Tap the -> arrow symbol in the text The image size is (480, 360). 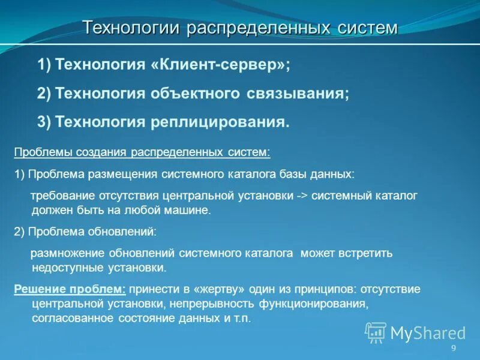coord(302,196)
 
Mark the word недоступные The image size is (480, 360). coord(62,268)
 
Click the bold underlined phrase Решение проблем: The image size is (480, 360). coord(70,289)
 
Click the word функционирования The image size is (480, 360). coord(319,304)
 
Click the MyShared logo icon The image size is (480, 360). coord(376,332)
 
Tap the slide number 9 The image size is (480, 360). coord(454,349)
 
